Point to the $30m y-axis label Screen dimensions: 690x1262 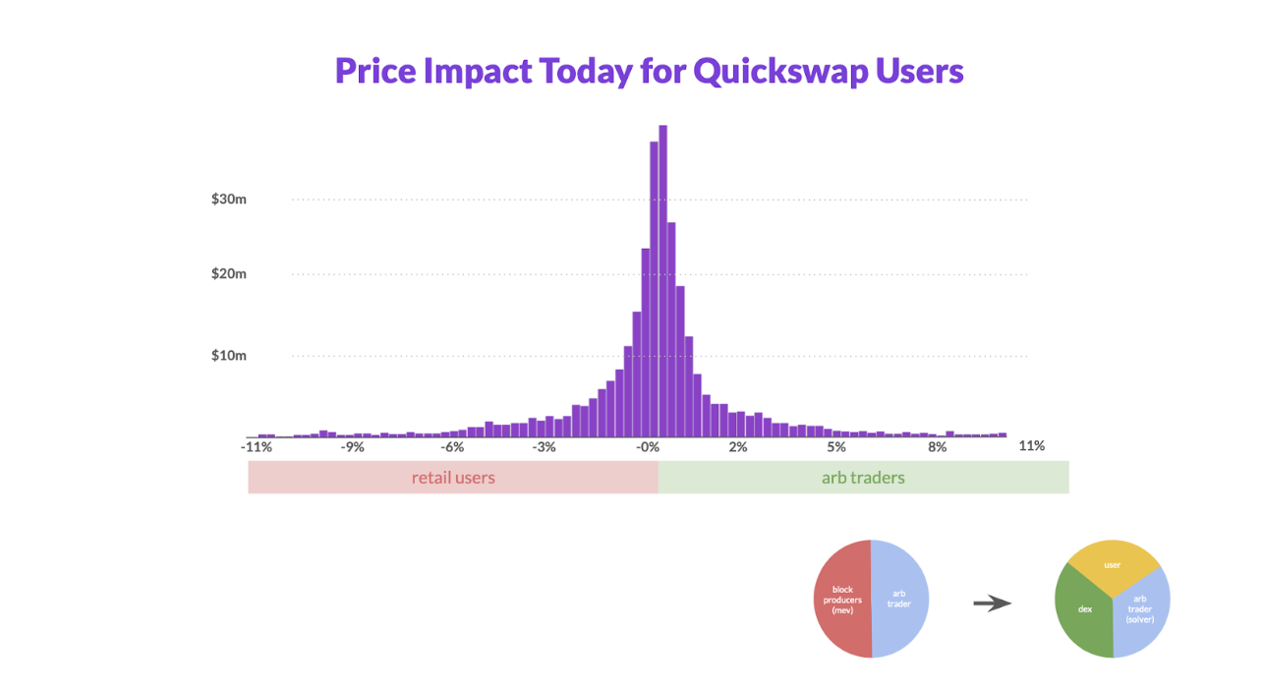tap(228, 199)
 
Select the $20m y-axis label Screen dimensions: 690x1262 tap(228, 273)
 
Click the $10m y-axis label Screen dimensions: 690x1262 tap(228, 355)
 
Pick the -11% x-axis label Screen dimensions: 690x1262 tap(257, 446)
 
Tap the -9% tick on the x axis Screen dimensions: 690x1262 tap(352, 446)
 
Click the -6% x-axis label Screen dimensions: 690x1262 tap(451, 446)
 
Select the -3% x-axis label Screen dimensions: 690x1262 tap(544, 446)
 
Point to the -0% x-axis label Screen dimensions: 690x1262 tap(647, 446)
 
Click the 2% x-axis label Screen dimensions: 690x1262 tap(738, 446)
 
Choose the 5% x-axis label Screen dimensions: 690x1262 tap(836, 446)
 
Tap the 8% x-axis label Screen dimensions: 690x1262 tap(937, 446)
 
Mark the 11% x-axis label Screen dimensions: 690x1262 tap(1031, 445)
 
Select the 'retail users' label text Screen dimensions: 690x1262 tap(453, 478)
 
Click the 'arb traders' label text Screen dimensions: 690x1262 tap(863, 478)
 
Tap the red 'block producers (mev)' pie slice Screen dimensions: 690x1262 tap(841, 600)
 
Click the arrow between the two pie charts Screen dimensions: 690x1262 tap(992, 604)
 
